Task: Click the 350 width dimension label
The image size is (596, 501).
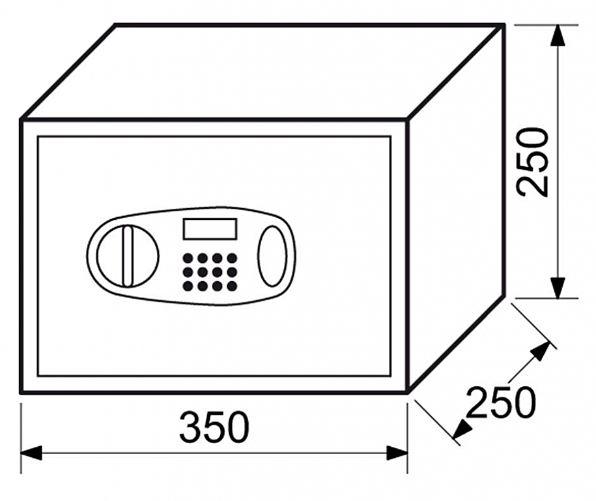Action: pos(214,427)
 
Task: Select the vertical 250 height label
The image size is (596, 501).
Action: pos(534,162)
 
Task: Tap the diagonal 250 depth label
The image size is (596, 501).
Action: pos(501,402)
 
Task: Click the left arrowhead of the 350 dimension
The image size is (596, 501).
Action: pos(31,453)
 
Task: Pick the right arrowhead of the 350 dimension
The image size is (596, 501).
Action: pos(397,453)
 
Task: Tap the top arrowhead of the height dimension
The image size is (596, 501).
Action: pos(557,37)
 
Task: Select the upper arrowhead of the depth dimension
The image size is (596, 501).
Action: pos(540,350)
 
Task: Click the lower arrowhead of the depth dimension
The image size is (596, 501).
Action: pos(462,429)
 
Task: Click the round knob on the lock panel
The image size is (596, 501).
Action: pos(127,256)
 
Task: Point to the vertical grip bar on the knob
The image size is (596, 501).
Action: pos(127,256)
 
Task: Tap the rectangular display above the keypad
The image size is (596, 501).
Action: pos(210,228)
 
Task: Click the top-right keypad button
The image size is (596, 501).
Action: pos(232,258)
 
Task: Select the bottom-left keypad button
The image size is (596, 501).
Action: pos(188,286)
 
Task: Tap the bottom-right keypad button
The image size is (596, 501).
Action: pos(232,286)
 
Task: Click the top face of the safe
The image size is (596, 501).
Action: pos(263,72)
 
